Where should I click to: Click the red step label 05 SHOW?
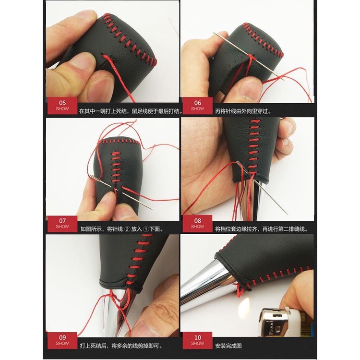pyautogui.click(x=62, y=106)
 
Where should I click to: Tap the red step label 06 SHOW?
pyautogui.click(x=197, y=106)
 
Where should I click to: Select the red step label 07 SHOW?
pyautogui.click(x=62, y=224)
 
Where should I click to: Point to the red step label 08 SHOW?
pyautogui.click(x=197, y=224)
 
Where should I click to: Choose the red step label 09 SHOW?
pyautogui.click(x=62, y=340)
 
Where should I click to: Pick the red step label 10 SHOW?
pyautogui.click(x=197, y=340)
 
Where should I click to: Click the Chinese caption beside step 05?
pyautogui.click(x=131, y=111)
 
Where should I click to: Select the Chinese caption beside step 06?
pyautogui.click(x=243, y=111)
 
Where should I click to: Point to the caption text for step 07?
pyautogui.click(x=122, y=229)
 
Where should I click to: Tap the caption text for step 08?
pyautogui.click(x=261, y=229)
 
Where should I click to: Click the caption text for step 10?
pyautogui.click(x=228, y=346)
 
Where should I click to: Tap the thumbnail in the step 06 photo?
pyautogui.click(x=249, y=90)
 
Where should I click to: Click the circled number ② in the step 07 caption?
pyautogui.click(x=127, y=229)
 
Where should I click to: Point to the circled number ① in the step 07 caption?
pyautogui.click(x=146, y=229)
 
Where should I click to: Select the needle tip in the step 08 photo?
pyautogui.click(x=287, y=214)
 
